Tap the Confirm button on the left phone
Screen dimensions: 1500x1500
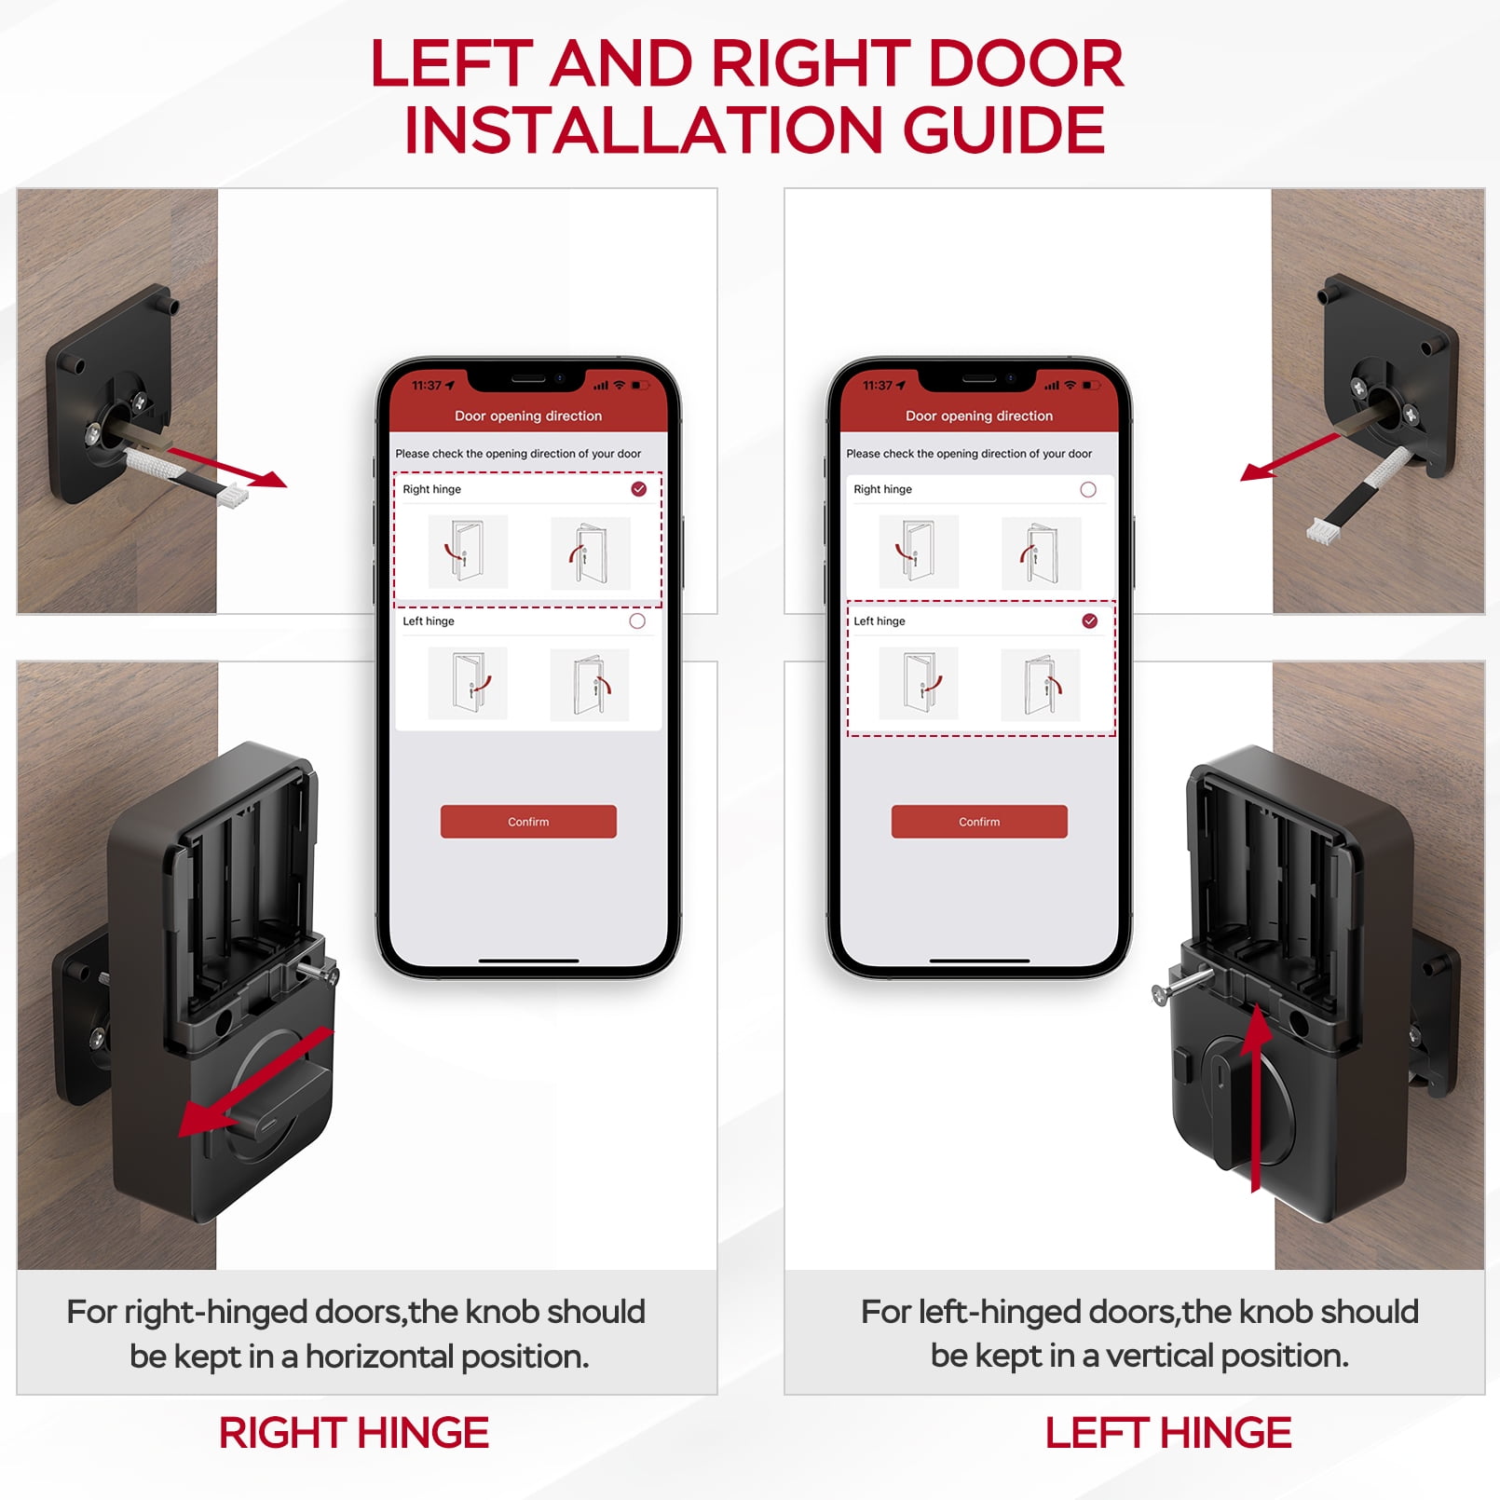click(528, 822)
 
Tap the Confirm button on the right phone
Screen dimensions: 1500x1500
click(979, 822)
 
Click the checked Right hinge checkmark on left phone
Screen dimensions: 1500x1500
click(639, 489)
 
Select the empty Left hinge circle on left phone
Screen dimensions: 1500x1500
click(637, 621)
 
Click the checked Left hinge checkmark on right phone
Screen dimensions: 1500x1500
click(1090, 621)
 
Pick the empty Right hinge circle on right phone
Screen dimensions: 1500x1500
click(1088, 489)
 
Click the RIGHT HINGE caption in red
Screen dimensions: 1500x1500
click(353, 1433)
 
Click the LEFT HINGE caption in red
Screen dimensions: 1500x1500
click(1167, 1433)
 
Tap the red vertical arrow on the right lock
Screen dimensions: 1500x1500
click(1257, 1099)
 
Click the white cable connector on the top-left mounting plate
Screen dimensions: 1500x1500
click(233, 496)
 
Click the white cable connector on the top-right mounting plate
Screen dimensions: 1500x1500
click(1321, 533)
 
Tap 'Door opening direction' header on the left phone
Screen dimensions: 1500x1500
click(528, 416)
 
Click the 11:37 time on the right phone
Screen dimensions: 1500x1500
click(878, 386)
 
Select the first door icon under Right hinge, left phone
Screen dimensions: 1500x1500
click(468, 552)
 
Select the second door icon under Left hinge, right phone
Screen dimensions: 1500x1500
click(1041, 686)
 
